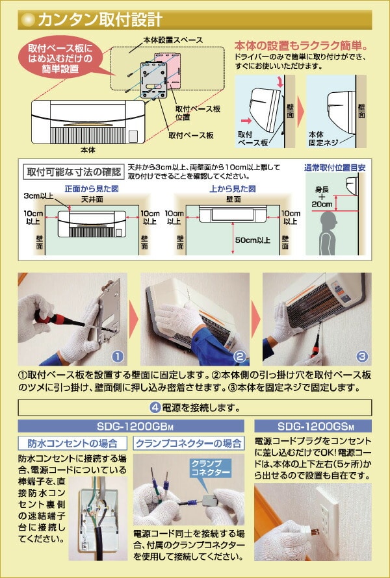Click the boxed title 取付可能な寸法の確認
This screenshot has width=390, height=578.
(73, 172)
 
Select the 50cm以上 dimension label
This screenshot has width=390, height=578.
(253, 240)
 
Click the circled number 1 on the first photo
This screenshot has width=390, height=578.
(117, 357)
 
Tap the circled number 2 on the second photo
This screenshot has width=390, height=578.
(239, 357)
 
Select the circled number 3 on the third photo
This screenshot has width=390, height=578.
(362, 357)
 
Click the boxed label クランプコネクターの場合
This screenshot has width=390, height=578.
(188, 444)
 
